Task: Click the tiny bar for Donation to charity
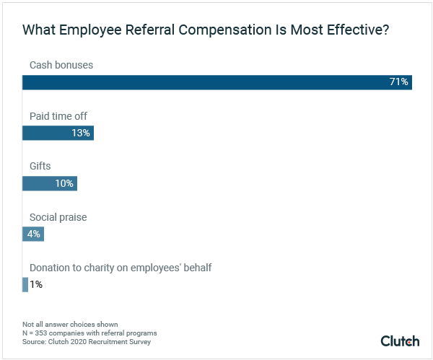tap(25, 284)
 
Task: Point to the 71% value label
tap(398, 82)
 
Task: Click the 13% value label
tap(81, 133)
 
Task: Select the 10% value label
tap(64, 183)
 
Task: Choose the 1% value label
tap(36, 284)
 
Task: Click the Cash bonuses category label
tap(61, 65)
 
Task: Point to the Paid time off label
tap(58, 115)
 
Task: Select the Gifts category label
tap(40, 166)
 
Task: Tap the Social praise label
tap(58, 216)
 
